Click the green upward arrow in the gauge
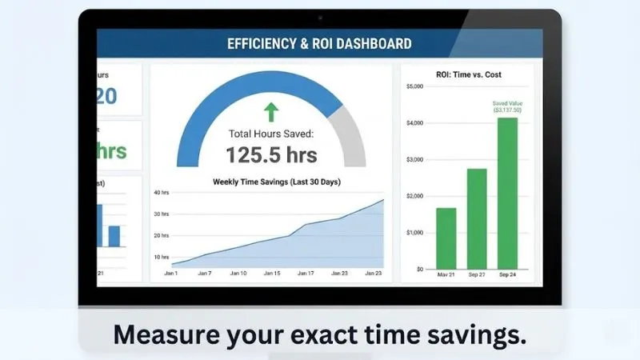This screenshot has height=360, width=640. click(x=271, y=110)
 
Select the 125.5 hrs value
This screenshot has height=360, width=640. click(x=271, y=154)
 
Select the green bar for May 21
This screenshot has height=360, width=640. click(x=446, y=238)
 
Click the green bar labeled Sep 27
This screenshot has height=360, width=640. click(x=477, y=218)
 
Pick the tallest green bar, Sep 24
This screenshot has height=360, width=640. click(x=507, y=193)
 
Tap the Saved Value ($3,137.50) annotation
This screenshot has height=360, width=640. click(x=506, y=106)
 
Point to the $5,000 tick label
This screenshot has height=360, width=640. click(x=414, y=86)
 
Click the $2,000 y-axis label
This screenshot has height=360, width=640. click(x=414, y=196)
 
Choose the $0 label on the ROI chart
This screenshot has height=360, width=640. click(x=419, y=269)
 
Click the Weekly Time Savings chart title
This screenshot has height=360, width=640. click(x=276, y=182)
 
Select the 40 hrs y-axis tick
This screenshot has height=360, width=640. click(x=161, y=193)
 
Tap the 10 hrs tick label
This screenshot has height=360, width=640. click(x=161, y=257)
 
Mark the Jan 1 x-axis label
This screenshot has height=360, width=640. click(x=171, y=274)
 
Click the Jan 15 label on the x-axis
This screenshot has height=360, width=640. click(x=272, y=274)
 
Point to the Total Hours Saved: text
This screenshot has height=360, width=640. click(x=271, y=134)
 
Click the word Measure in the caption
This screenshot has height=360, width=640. click(x=162, y=334)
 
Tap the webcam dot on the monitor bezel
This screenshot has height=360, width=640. click(x=320, y=17)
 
